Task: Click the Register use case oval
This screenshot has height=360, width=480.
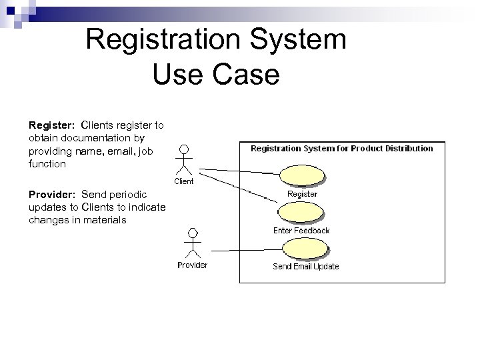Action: [304, 175]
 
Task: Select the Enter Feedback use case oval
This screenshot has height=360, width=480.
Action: [303, 213]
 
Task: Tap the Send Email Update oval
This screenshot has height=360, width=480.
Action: [305, 249]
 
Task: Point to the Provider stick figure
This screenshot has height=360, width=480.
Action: [193, 243]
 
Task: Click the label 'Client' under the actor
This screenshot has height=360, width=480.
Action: [184, 181]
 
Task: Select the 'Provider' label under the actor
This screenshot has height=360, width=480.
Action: [192, 265]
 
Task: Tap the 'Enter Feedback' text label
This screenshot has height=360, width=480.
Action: [301, 231]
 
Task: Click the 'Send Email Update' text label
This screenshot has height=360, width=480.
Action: [305, 267]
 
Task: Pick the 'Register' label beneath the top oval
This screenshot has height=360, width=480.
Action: [302, 194]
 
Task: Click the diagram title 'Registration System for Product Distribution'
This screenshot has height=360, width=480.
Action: [341, 149]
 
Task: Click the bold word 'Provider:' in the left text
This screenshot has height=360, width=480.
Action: [51, 195]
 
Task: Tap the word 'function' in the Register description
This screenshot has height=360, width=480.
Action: [47, 163]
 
